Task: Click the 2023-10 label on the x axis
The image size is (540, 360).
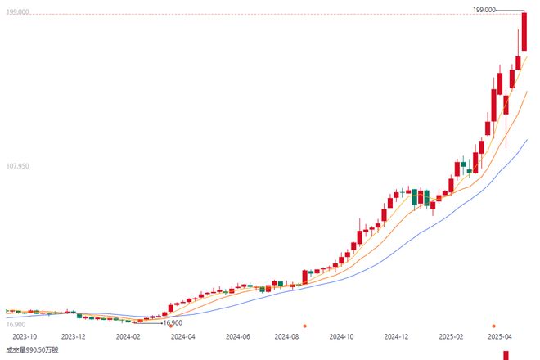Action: click(x=25, y=335)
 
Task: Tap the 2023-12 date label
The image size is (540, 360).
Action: click(x=74, y=335)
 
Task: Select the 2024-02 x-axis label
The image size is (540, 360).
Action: click(x=128, y=335)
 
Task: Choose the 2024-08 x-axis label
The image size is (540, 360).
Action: click(x=287, y=335)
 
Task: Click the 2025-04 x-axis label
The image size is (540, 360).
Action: click(x=499, y=335)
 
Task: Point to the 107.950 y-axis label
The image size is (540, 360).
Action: click(x=18, y=166)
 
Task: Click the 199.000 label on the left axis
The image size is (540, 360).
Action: click(x=18, y=12)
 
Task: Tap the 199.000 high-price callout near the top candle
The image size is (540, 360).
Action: click(x=484, y=10)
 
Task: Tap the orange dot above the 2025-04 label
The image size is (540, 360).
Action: click(x=493, y=326)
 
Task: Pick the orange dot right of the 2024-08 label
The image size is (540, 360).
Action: click(x=304, y=326)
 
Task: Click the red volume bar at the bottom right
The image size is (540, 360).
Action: click(x=506, y=355)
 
